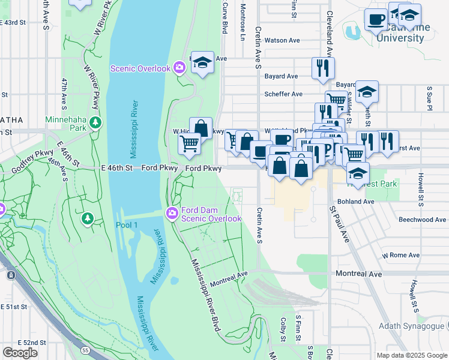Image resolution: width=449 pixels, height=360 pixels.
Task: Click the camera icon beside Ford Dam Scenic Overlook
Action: point(172,213)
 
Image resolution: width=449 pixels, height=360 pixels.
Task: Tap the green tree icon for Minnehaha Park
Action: point(95,123)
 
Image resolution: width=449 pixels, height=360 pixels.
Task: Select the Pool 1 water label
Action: point(126,224)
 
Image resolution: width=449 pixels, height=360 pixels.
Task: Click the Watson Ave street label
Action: point(282,41)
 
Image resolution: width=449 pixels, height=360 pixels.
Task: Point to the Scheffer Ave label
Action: point(283,94)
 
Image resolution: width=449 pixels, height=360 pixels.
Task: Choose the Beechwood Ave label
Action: point(422,220)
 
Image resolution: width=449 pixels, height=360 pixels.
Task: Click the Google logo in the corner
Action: point(20,353)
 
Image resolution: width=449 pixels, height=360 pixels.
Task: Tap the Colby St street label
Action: point(282,329)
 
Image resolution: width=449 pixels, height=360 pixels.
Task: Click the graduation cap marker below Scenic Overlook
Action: point(202,62)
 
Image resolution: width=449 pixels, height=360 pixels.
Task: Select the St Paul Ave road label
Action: point(340,224)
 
